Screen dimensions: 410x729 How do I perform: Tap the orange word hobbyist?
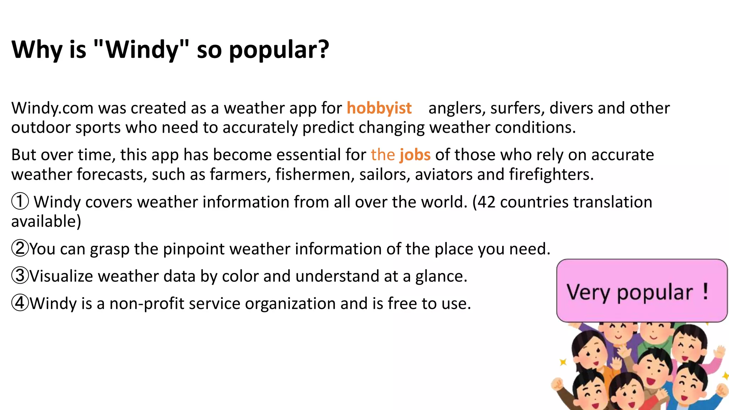[x=379, y=108]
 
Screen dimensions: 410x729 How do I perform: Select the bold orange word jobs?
[x=415, y=155]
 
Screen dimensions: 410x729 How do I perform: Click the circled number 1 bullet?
[x=20, y=201]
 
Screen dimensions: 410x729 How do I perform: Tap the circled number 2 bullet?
[x=20, y=248]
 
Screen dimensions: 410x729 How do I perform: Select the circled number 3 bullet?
[x=20, y=276]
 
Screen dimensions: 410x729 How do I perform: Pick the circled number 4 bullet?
[x=20, y=303]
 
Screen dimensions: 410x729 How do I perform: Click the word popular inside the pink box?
[x=655, y=293]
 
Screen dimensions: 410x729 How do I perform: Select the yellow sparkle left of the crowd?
[x=563, y=362]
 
